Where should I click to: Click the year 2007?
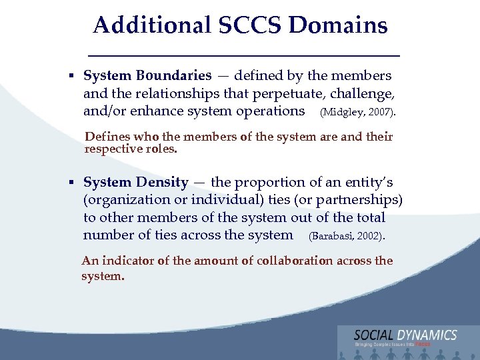[382, 112]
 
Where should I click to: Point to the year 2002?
[372, 236]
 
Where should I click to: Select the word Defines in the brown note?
[106, 137]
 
